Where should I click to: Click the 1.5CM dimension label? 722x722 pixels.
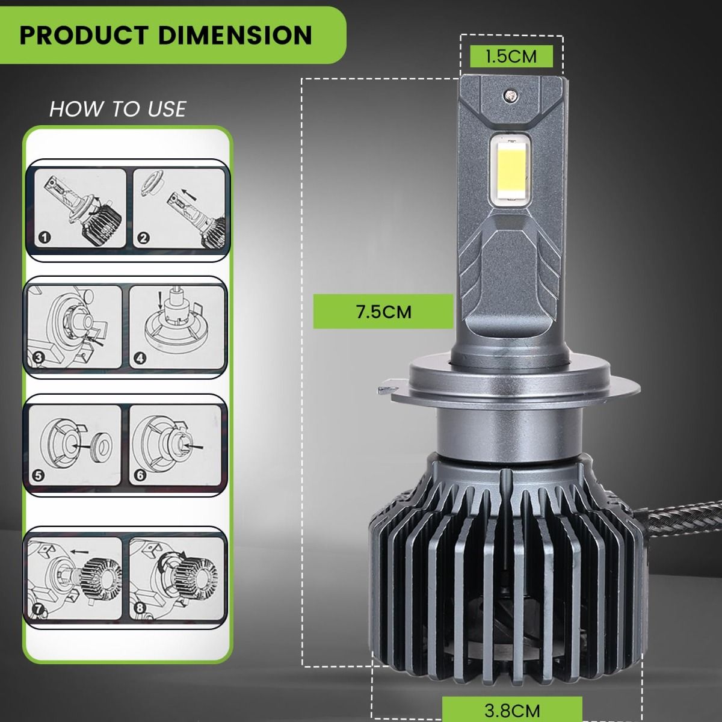511,57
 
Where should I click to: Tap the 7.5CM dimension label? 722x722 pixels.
384,312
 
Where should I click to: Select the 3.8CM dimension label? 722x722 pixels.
512,711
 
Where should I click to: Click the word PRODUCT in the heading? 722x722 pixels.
84,35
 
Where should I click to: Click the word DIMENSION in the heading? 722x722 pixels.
235,35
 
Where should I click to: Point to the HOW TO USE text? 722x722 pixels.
118,109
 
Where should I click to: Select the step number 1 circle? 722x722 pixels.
45,237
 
